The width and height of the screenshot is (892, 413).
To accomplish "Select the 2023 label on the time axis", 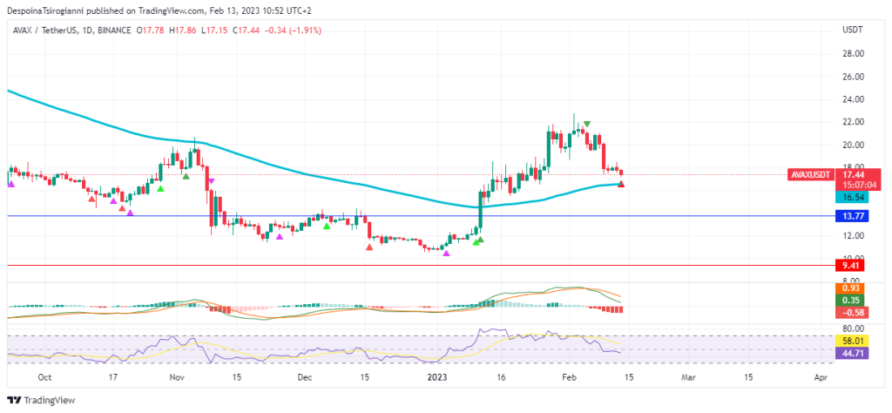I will click(437, 378).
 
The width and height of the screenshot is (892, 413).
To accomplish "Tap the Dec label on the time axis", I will click(304, 378).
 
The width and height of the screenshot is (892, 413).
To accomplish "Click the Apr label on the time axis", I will click(820, 378).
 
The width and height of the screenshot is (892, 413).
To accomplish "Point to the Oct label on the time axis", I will click(45, 378).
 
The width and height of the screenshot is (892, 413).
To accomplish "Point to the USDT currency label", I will click(852, 30).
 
